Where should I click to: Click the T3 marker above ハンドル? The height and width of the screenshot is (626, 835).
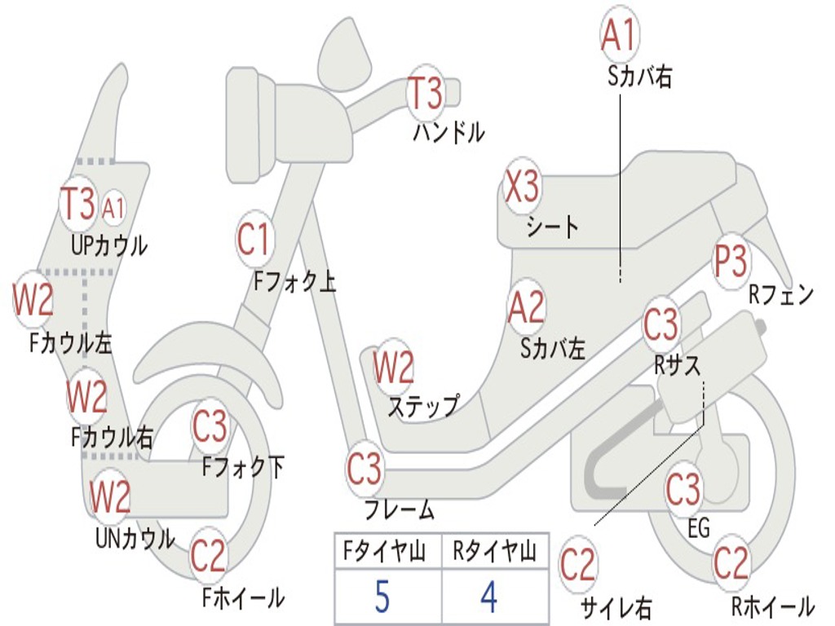coord(426,93)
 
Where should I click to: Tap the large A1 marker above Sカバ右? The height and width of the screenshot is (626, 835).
coord(620,34)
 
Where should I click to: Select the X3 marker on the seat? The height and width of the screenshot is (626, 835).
coord(522,187)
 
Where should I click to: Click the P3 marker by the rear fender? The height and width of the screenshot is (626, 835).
coord(731,262)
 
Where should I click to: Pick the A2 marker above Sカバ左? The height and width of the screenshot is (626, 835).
coord(527,307)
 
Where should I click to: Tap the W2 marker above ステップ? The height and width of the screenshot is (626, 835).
coord(393,368)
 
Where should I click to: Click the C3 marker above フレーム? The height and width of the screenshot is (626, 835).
coord(364,469)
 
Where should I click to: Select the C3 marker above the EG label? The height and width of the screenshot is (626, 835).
coord(683,489)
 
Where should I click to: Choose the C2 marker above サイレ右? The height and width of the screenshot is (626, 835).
coord(577,564)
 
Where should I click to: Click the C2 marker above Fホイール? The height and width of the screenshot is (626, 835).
coord(208,556)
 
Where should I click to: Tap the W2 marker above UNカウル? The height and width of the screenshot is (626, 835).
coord(110,496)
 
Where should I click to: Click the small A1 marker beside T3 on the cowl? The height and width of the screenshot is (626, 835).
coord(113,208)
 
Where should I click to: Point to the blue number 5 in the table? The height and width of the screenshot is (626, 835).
coord(382,596)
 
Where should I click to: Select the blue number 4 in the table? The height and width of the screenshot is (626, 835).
coord(489,596)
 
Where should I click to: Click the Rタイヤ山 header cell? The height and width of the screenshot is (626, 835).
coord(495,551)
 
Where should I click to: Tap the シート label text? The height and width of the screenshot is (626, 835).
coord(553,227)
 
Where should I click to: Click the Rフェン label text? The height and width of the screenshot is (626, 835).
coord(781,294)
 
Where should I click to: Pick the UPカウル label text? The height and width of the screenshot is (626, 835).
coord(109,245)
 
